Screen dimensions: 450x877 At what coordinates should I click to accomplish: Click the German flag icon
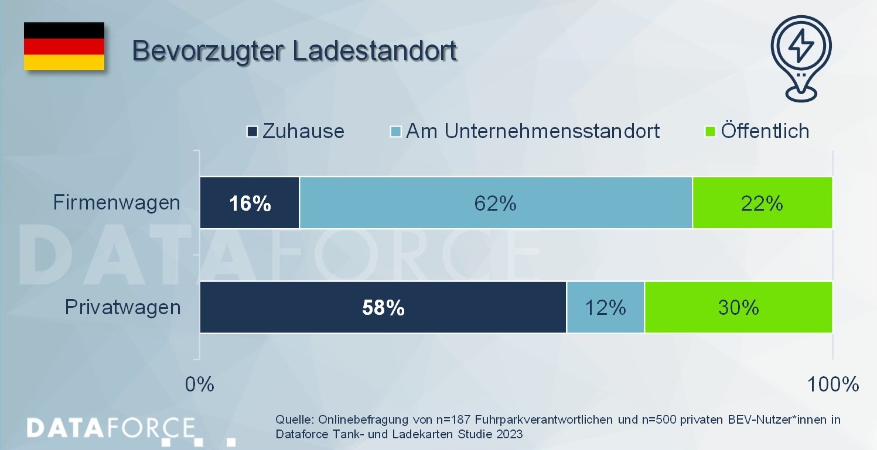point(64,46)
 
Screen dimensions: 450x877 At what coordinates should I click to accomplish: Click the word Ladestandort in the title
point(374,50)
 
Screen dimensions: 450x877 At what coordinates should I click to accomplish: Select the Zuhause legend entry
point(296,130)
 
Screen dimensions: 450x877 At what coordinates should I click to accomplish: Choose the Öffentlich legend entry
point(758,130)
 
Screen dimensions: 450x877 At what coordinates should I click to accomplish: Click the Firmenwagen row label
point(117,203)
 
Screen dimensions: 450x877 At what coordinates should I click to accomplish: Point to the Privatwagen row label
point(122,307)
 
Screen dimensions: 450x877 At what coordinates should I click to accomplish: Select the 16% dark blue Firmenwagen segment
point(250,203)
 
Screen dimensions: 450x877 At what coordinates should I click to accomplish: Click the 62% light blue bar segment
point(496,203)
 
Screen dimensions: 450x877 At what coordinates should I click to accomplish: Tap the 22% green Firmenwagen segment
point(762,203)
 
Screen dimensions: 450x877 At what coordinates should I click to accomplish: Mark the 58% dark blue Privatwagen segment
point(383,308)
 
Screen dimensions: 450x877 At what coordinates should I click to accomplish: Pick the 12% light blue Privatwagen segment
point(605,308)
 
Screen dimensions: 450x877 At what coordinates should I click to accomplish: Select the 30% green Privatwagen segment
point(738,308)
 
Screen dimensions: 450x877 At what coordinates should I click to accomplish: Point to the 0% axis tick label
point(200,384)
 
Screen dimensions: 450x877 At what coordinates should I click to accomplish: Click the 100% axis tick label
point(832,384)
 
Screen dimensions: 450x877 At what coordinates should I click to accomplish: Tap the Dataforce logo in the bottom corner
point(111,428)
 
